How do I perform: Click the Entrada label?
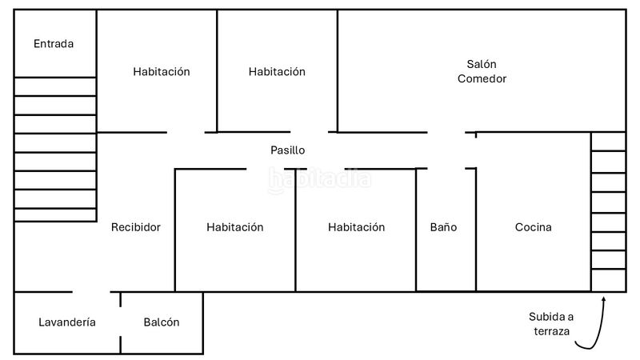(54, 44)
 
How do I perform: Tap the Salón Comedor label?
(482, 71)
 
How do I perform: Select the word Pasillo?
(288, 150)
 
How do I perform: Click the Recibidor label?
(135, 227)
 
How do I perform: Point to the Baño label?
(443, 227)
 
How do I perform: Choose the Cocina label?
(533, 227)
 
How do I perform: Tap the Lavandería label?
(67, 322)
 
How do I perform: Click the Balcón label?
(162, 322)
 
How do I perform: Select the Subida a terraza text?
(551, 324)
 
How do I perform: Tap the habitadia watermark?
(319, 179)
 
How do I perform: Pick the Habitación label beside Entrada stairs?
(162, 71)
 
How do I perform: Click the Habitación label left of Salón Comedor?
(277, 71)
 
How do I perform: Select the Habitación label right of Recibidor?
(234, 227)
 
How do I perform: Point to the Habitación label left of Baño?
(356, 227)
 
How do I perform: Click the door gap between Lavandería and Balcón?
(121, 322)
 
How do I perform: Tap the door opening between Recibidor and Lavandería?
(91, 292)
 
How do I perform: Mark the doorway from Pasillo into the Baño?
(446, 168)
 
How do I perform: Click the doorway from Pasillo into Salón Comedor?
(446, 132)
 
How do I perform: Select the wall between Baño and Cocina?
(476, 230)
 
